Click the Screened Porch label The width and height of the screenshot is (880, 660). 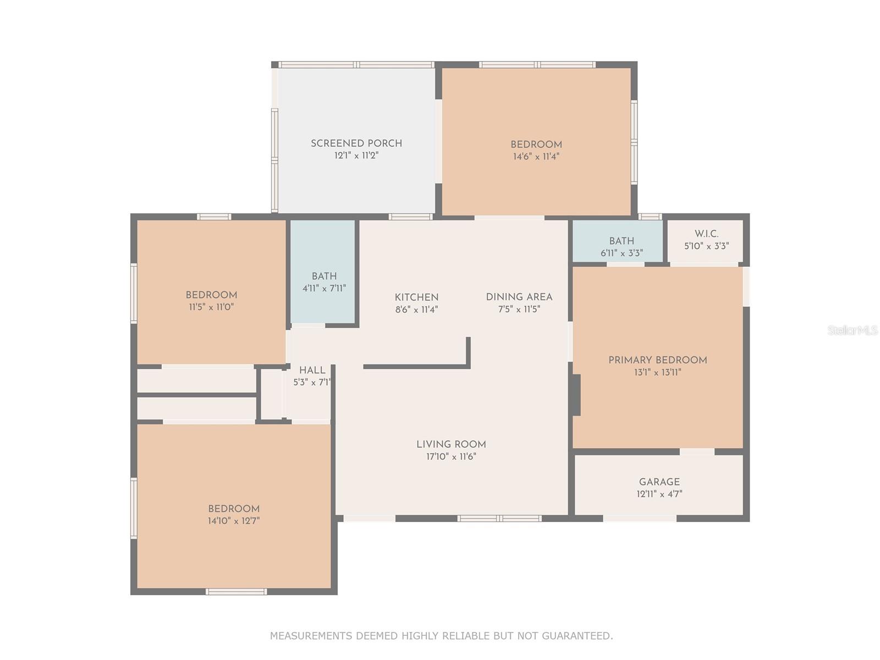click(x=356, y=144)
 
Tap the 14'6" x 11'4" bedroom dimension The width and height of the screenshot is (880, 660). click(x=536, y=156)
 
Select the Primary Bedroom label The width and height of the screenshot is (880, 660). click(x=657, y=360)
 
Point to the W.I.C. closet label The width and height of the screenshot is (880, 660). click(x=706, y=234)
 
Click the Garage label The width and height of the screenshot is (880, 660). click(x=659, y=482)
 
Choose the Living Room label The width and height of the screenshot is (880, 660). click(x=451, y=444)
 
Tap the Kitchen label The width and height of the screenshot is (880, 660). click(x=416, y=298)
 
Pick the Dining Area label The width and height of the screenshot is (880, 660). click(x=519, y=297)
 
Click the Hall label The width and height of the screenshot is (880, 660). click(x=312, y=370)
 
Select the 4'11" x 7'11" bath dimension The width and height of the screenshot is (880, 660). click(x=324, y=288)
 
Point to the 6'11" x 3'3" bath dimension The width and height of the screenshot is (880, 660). click(x=621, y=253)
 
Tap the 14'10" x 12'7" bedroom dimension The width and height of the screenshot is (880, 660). click(x=234, y=521)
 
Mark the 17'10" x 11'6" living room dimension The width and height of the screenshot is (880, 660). click(x=451, y=457)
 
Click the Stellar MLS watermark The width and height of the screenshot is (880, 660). click(x=853, y=330)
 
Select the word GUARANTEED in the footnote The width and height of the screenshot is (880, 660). click(x=577, y=636)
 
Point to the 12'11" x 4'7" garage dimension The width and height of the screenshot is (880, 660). click(x=659, y=494)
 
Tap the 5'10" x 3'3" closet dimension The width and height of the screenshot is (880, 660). click(x=706, y=246)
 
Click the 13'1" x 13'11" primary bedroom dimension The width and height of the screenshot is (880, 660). click(x=657, y=372)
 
